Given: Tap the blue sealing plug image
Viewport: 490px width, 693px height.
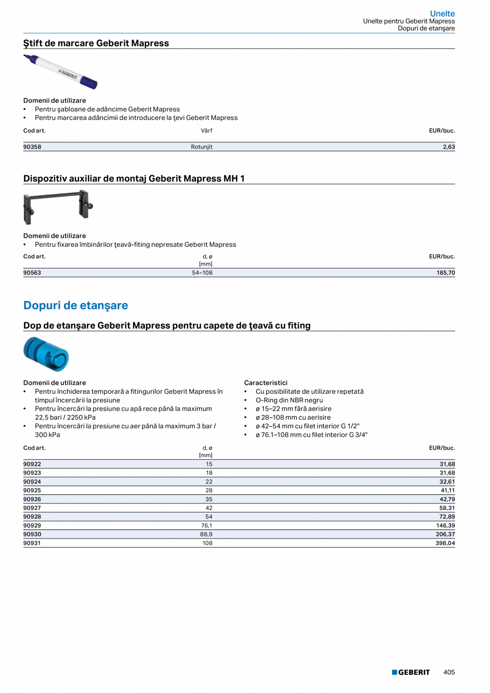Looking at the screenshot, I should [46, 355].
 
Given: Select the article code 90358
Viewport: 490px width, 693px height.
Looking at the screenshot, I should [32, 147].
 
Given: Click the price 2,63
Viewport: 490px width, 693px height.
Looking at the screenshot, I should [448, 147].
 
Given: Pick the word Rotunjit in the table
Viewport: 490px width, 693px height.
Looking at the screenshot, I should [201, 147].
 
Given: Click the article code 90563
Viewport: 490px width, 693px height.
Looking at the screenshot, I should [32, 273].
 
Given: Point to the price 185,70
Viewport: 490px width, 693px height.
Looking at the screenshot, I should [445, 273].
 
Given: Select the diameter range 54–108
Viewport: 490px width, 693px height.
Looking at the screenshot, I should [202, 273].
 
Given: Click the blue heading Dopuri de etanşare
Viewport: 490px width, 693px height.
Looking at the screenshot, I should [76, 306].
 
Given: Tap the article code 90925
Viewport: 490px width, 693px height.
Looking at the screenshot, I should [32, 490].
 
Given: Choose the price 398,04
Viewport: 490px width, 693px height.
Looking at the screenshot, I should [445, 543].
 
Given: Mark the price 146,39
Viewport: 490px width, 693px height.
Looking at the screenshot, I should [445, 526].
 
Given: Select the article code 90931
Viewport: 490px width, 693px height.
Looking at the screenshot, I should [32, 543].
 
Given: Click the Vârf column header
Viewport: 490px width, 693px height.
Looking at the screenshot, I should [206, 131].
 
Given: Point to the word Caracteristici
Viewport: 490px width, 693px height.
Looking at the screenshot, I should [265, 383].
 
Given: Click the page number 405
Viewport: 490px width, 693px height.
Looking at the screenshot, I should [449, 672].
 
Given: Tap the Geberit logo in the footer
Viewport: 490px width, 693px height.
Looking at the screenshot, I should [411, 672].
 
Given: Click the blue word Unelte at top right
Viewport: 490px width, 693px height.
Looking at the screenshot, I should [442, 14].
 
